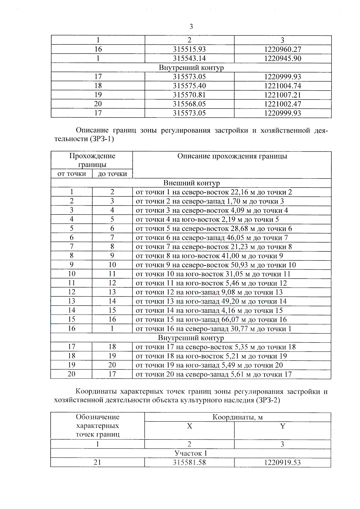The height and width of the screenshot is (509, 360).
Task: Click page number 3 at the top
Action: pyautogui.click(x=191, y=27)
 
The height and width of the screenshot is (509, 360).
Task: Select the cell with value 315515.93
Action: pyautogui.click(x=189, y=49)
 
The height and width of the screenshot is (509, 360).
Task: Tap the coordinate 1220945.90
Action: pyautogui.click(x=283, y=58)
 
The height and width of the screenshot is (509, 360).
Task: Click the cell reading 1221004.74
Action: pyautogui.click(x=283, y=86)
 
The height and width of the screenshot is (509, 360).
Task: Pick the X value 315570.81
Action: pyautogui.click(x=189, y=95)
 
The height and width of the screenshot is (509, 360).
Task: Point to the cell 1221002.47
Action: pyautogui.click(x=283, y=104)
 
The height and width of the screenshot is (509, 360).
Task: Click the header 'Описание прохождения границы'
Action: pyautogui.click(x=232, y=156)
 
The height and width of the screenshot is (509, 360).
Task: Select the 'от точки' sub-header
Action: pyautogui.click(x=71, y=174)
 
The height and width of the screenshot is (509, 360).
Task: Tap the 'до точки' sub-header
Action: pyautogui.click(x=112, y=174)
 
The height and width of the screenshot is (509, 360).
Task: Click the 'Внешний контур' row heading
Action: pyautogui.click(x=191, y=183)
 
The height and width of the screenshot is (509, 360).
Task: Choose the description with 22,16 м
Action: pyautogui.click(x=214, y=192)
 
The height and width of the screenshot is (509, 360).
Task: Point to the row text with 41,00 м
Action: pyautogui.click(x=209, y=256)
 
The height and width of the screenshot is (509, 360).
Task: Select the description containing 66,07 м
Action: pyautogui.click(x=211, y=319)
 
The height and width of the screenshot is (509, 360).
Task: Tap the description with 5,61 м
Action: pyautogui.click(x=213, y=374)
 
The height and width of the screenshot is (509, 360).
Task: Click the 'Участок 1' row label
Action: pyautogui.click(x=191, y=453)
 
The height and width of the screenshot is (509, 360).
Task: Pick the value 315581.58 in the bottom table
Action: pyautogui.click(x=189, y=462)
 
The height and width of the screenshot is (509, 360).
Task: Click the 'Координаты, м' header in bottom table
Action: pyautogui.click(x=237, y=417)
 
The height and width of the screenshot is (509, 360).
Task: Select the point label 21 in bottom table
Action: pyautogui.click(x=97, y=462)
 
